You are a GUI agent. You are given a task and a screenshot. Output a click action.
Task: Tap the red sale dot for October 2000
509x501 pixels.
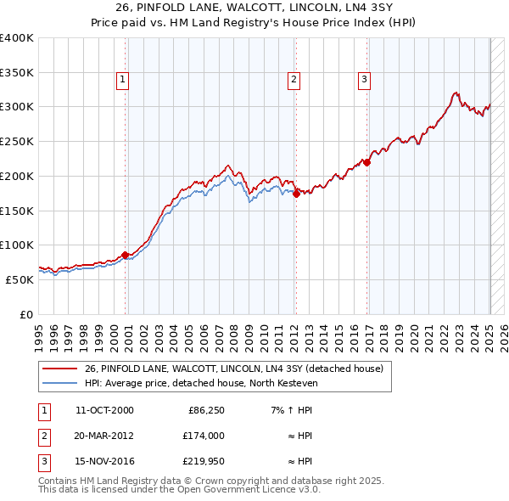click(x=125, y=254)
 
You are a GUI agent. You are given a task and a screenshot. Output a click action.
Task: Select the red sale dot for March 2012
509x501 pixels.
click(x=297, y=194)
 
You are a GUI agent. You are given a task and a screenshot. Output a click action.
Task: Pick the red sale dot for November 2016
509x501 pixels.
click(x=367, y=162)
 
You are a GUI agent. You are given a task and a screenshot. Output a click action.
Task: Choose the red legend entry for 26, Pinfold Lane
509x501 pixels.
click(x=234, y=369)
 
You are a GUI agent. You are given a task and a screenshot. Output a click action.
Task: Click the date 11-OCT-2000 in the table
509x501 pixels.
click(x=104, y=410)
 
